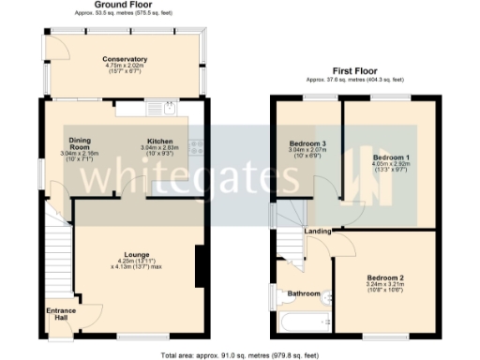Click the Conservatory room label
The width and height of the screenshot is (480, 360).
127,58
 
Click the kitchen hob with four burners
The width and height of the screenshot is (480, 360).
196,146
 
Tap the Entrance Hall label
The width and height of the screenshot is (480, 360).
61,315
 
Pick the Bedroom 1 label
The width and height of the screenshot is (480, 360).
388,156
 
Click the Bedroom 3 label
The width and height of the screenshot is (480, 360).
307,143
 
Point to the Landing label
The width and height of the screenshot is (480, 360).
317,232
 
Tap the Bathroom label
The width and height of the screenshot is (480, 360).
305,293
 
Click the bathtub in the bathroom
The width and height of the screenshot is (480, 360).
299,324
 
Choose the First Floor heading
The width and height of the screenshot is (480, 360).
359,71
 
